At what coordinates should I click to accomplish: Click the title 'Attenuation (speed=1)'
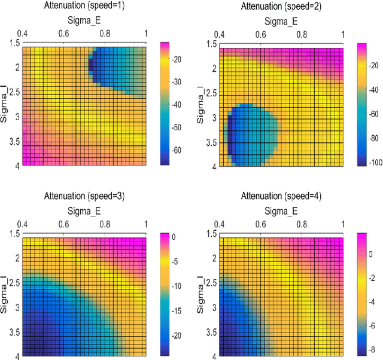click(83, 6)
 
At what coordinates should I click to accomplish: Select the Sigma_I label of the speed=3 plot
click(5, 296)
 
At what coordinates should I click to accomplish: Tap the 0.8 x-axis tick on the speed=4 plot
click(301, 225)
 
